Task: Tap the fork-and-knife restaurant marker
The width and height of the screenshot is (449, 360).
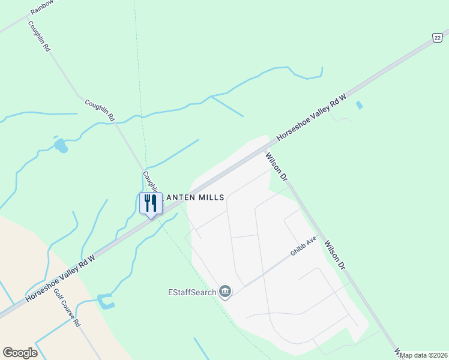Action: coord(151,203)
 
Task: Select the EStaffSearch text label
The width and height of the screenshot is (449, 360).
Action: coord(191,292)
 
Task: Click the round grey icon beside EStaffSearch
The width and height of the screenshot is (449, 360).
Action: coord(225,292)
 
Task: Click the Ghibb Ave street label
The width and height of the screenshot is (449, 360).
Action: coord(303,247)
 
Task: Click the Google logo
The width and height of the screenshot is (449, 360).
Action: coord(20,352)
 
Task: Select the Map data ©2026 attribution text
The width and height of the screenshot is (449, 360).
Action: coord(423,355)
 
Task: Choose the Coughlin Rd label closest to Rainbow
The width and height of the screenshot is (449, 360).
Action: coord(38,37)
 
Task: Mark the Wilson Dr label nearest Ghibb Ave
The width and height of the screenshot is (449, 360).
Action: coord(336,254)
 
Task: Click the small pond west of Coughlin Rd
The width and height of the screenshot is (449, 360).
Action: coord(61,145)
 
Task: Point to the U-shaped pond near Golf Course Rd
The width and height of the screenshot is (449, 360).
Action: coord(105,301)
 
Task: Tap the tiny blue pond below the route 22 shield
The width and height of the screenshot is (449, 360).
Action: coord(359,105)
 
